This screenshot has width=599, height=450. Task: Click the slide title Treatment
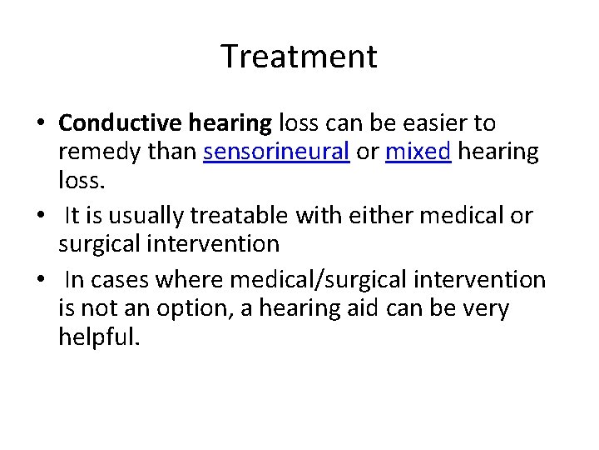[x=299, y=57]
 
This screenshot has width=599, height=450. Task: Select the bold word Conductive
[x=118, y=123]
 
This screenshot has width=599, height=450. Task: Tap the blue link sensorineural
[x=275, y=152]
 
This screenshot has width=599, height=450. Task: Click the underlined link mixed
[x=418, y=152]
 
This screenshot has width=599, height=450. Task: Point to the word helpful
[x=95, y=337]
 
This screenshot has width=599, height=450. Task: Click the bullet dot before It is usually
[x=41, y=217]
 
